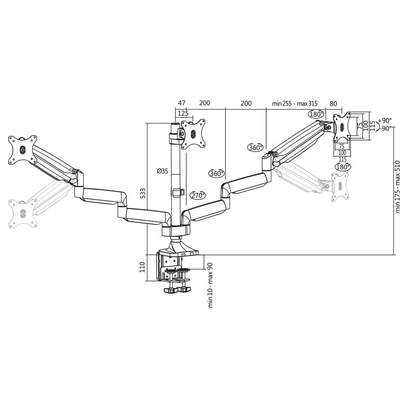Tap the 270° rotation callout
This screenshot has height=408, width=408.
198,195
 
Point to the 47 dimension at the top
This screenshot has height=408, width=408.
182,103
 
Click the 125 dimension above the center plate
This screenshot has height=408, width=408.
183,113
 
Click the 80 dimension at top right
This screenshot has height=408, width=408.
334,103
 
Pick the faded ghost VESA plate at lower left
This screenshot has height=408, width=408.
23,214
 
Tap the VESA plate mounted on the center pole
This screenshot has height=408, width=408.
193,134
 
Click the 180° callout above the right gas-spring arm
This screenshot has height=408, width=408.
316,114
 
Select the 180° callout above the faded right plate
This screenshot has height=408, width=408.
343,167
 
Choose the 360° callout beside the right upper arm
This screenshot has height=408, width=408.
255,148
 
